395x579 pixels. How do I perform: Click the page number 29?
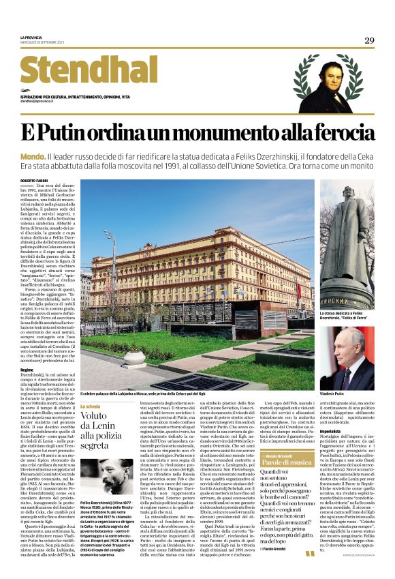[369, 41]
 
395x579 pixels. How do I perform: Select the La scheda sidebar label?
[91, 406]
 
